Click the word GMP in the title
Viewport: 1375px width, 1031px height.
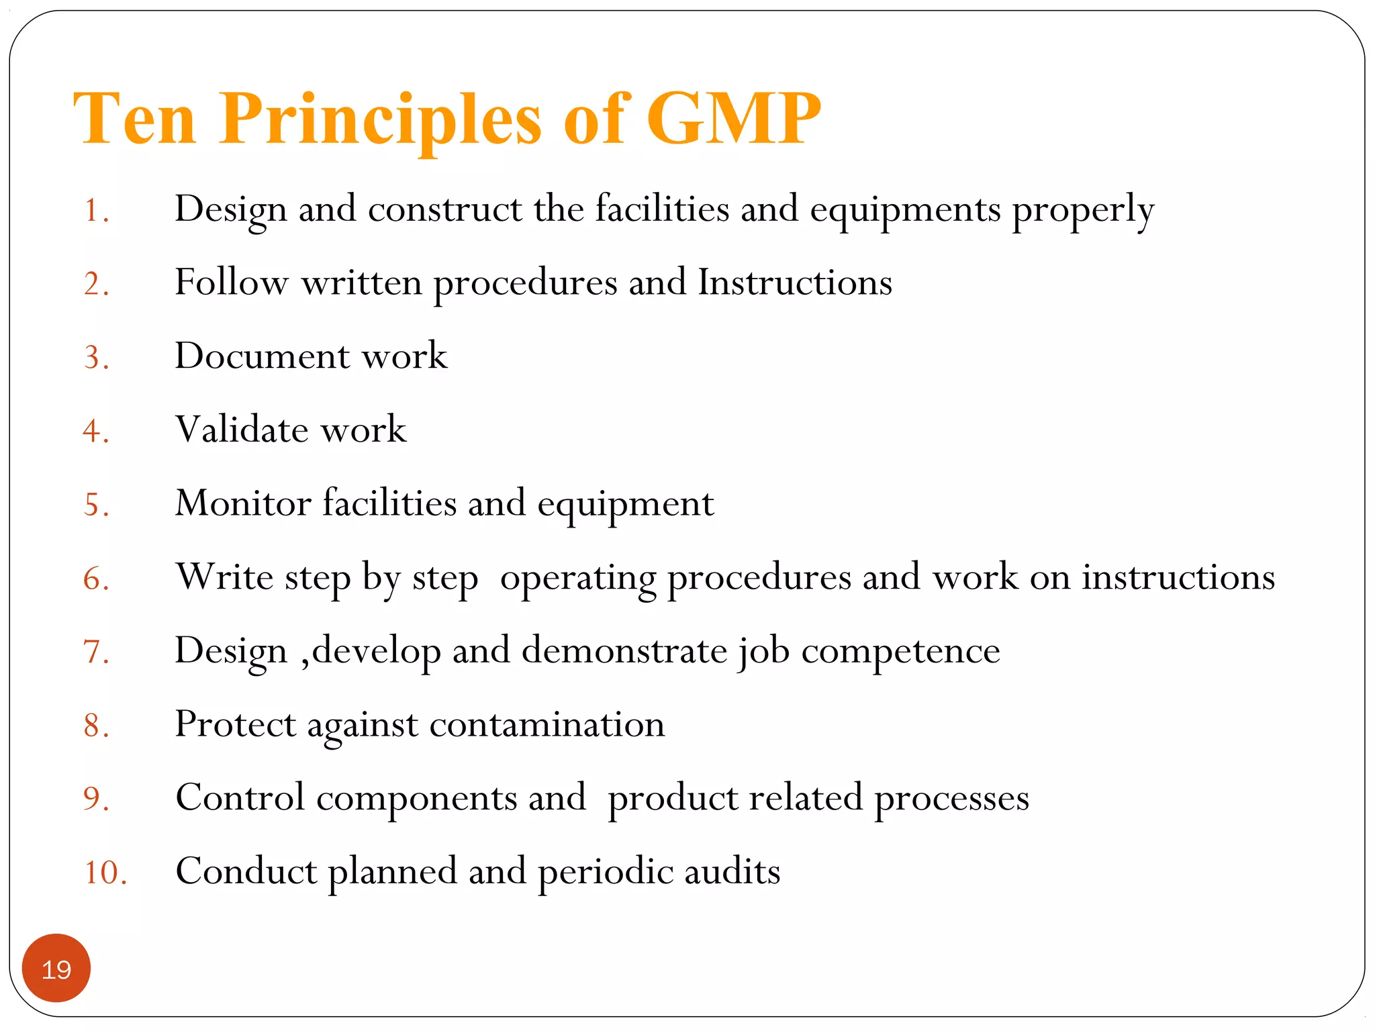[x=733, y=119]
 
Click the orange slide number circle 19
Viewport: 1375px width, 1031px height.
[x=56, y=969]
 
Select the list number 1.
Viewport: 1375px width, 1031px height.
[x=95, y=211]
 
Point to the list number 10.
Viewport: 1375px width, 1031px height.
[x=105, y=873]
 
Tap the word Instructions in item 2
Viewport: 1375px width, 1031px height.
[x=795, y=282]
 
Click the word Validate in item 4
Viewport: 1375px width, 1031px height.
[x=242, y=430]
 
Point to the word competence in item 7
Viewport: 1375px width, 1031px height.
[x=900, y=651]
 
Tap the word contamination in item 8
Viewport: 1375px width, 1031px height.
[x=547, y=725]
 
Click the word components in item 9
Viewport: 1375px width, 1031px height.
[x=416, y=799]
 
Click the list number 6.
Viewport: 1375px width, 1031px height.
[x=95, y=579]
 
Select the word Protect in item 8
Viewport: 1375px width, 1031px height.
[x=235, y=725]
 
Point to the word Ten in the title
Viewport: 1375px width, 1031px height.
[x=134, y=119]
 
